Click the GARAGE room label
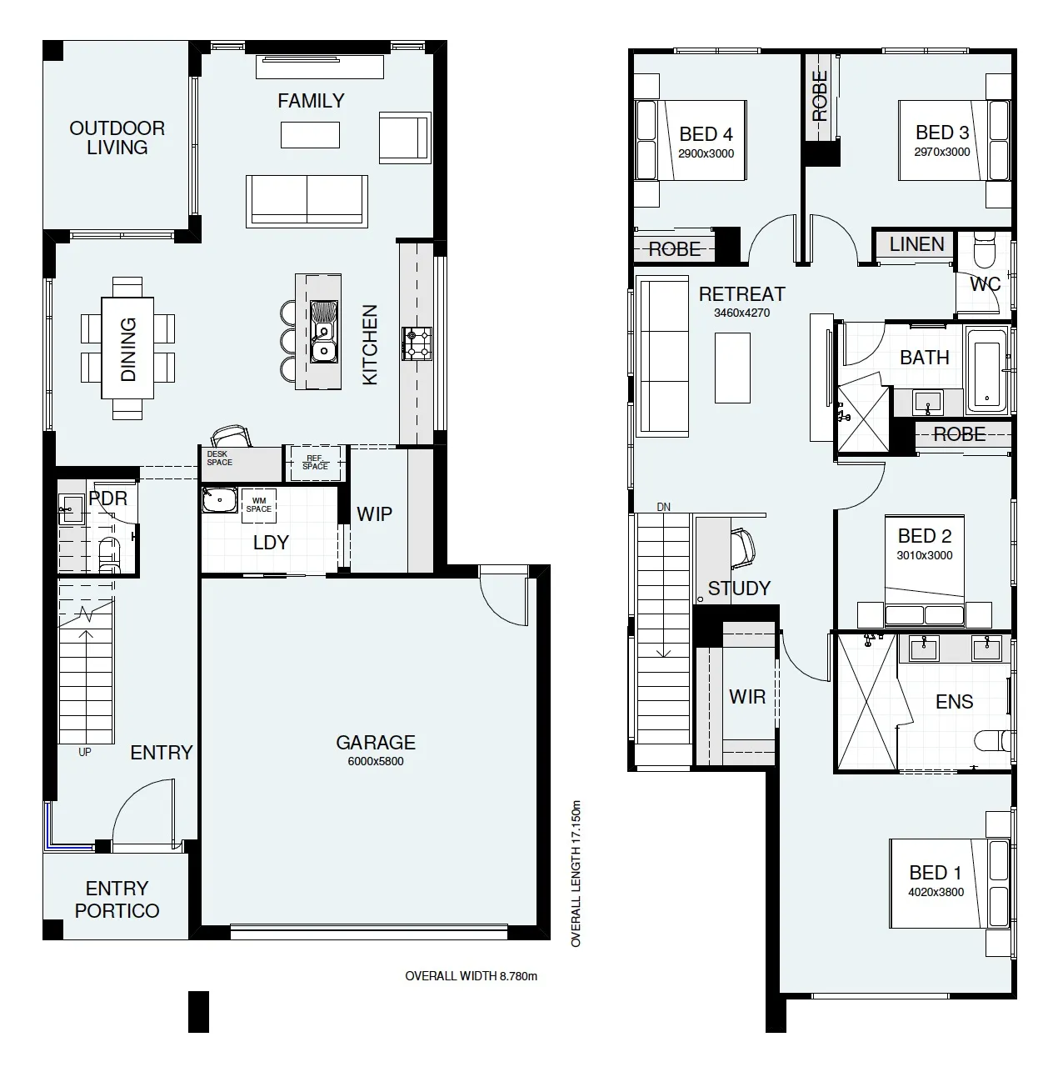(376, 742)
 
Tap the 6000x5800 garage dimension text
(376, 761)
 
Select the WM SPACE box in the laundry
(258, 505)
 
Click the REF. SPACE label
(315, 463)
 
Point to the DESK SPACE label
(219, 458)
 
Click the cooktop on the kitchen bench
(417, 343)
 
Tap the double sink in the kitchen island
(323, 333)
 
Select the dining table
(127, 348)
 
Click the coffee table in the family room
(310, 135)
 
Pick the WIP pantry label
(374, 513)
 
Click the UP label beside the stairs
(85, 752)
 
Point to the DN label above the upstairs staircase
(663, 507)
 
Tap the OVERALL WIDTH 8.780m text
(472, 975)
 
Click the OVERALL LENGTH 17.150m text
(576, 874)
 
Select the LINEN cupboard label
(917, 244)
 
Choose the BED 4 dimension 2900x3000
(706, 153)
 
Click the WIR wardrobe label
(746, 697)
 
